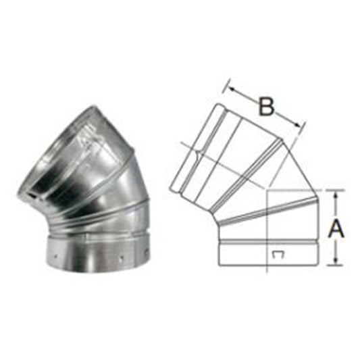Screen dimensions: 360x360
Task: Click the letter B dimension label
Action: (x=266, y=106)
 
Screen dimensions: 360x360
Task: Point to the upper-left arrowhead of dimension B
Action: (x=232, y=89)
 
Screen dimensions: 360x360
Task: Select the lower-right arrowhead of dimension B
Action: (x=298, y=124)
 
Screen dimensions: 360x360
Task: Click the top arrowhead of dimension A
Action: (x=336, y=195)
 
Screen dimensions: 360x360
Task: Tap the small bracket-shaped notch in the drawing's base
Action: (x=278, y=255)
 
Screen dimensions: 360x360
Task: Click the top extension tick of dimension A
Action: (x=336, y=190)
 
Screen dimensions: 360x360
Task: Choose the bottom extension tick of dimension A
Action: (x=336, y=265)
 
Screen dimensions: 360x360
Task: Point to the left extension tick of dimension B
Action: (x=226, y=86)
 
